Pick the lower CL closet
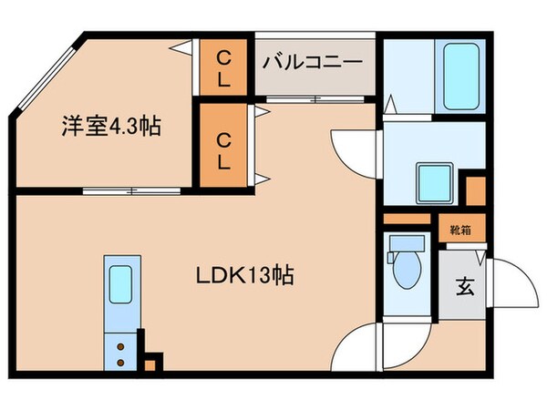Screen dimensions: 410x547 [224, 147]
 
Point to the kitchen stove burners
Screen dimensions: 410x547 [119, 354]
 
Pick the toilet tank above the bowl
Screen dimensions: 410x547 [405, 244]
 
